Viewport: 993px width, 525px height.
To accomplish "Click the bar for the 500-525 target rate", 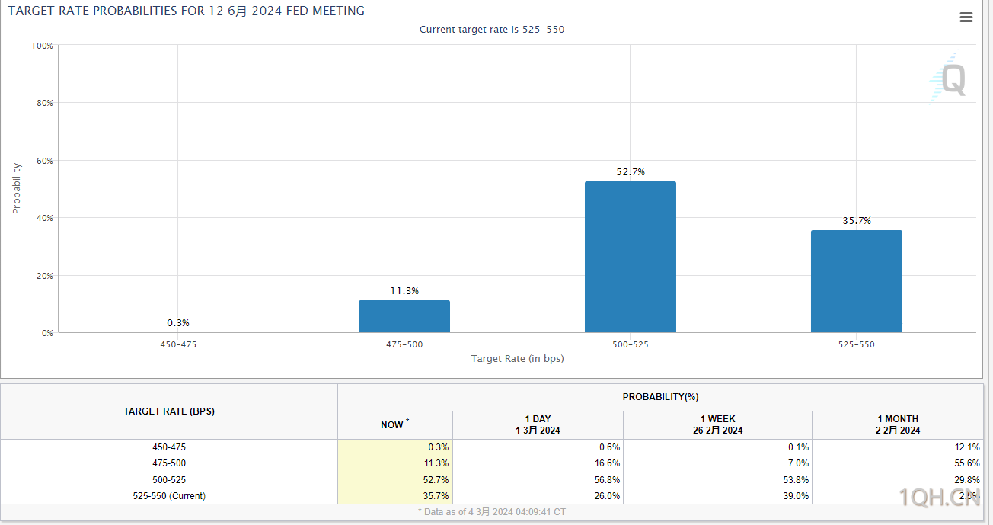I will pyautogui.click(x=630, y=257).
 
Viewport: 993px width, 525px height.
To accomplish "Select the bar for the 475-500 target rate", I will pyautogui.click(x=404, y=316).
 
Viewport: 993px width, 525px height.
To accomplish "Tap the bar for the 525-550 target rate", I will pyautogui.click(x=856, y=281).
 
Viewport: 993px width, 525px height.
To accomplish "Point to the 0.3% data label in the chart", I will pyautogui.click(x=178, y=323).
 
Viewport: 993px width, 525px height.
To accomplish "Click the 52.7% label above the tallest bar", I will pyautogui.click(x=631, y=172).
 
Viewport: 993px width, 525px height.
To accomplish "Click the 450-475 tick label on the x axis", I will pyautogui.click(x=178, y=344).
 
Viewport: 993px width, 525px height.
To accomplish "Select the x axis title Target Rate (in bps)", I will pyautogui.click(x=517, y=358).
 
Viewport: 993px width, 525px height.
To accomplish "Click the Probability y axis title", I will pyautogui.click(x=17, y=188).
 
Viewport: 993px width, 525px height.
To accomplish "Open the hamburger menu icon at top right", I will pyautogui.click(x=966, y=18).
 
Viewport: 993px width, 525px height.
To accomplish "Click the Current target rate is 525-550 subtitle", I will pyautogui.click(x=492, y=30).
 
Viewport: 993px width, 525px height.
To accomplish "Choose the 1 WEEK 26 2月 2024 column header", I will pyautogui.click(x=717, y=424).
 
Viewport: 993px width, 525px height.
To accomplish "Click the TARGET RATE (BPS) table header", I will pyautogui.click(x=169, y=411).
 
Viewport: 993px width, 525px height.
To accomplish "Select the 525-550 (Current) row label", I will pyautogui.click(x=169, y=495).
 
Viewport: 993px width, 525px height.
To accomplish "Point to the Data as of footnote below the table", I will pyautogui.click(x=492, y=512).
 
